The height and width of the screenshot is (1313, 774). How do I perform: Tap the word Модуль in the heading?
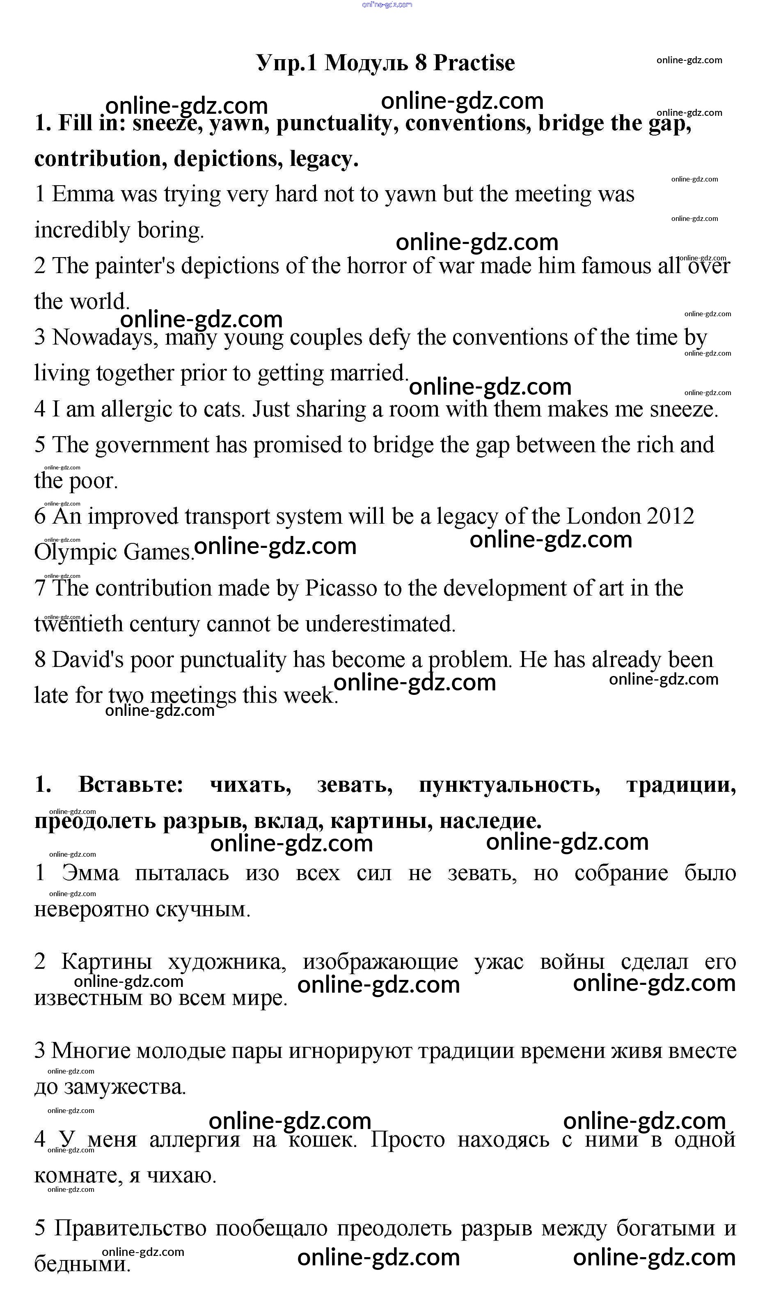click(x=366, y=63)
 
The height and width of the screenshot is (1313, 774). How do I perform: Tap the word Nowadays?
click(x=104, y=338)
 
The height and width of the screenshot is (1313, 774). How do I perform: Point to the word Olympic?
click(x=75, y=553)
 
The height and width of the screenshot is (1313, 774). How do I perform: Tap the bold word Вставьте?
click(x=131, y=784)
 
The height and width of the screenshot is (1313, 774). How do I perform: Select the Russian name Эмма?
click(x=90, y=873)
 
